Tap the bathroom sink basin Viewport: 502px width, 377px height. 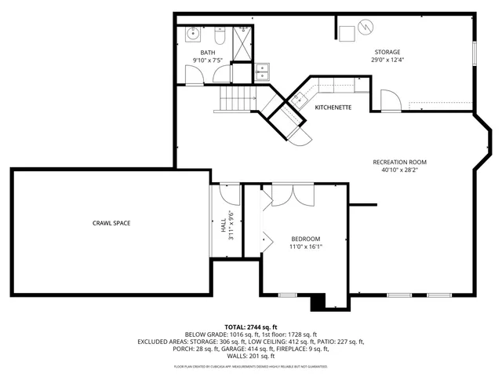(x=193, y=35)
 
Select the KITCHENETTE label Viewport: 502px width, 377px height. (x=333, y=107)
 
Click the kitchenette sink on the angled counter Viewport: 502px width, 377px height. (x=299, y=99)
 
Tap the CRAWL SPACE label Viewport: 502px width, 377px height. (x=111, y=223)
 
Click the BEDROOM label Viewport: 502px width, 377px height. (x=306, y=239)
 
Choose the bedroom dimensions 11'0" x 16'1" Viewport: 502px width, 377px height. (x=306, y=247)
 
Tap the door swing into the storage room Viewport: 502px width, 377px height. (x=388, y=101)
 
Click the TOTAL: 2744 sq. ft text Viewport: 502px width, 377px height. (x=251, y=327)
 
